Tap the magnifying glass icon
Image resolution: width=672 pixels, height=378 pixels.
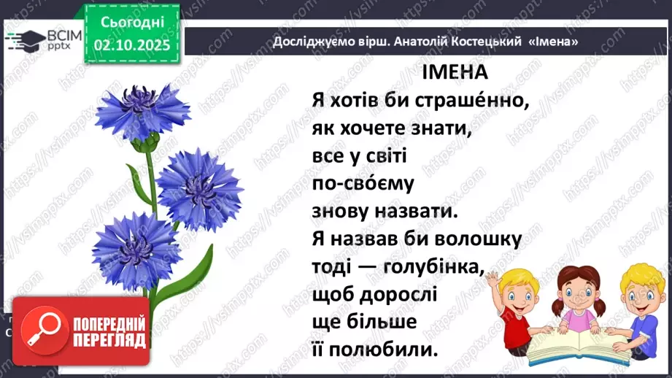[x=41, y=331]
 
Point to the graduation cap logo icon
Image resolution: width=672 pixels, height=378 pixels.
[x=22, y=39]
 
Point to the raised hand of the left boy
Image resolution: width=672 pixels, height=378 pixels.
[x=493, y=279]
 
